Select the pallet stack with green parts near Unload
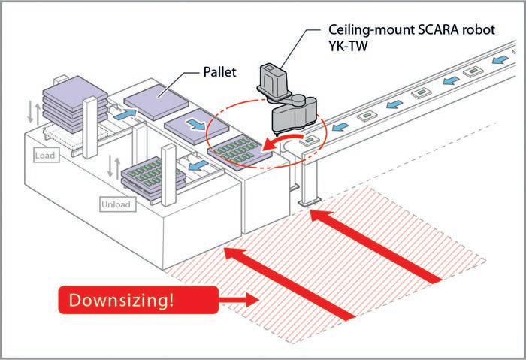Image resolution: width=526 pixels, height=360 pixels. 150,177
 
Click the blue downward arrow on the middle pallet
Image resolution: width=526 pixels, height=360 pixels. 192,123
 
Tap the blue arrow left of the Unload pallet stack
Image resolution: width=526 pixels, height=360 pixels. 197,163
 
